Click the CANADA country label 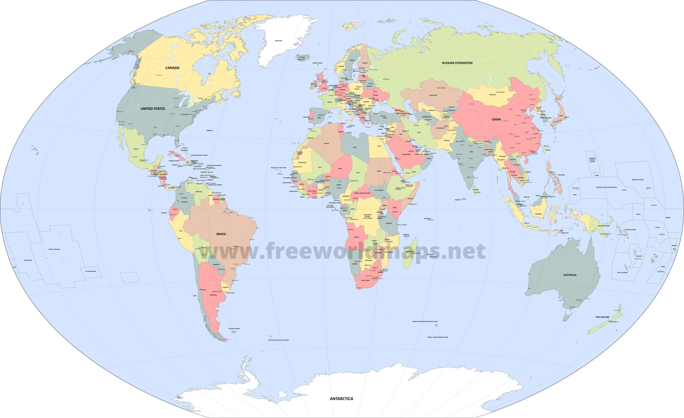[172, 68]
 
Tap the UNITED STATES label [153, 109]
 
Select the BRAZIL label [221, 234]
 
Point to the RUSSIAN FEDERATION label [457, 63]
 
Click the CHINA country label [496, 120]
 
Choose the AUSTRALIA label [570, 275]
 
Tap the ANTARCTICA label [341, 399]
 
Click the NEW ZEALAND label [603, 317]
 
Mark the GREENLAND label [278, 41]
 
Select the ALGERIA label [327, 143]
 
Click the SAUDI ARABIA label [406, 155]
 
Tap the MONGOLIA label [492, 95]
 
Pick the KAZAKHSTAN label [433, 95]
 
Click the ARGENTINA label [213, 295]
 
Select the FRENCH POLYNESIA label [54, 249]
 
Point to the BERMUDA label [209, 130]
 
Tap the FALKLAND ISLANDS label [234, 329]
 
